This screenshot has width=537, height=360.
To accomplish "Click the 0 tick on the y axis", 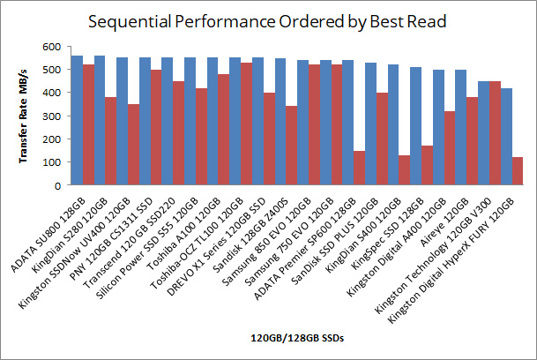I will click(57, 185).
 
